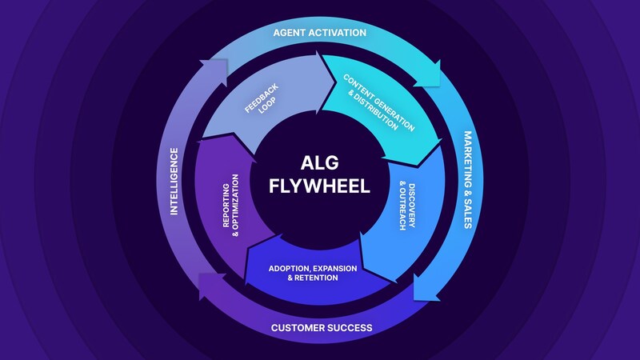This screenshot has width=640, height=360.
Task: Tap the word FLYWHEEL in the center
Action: pyautogui.click(x=319, y=186)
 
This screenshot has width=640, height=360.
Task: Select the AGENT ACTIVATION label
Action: pyautogui.click(x=319, y=33)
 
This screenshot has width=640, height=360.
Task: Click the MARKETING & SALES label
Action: pyautogui.click(x=468, y=179)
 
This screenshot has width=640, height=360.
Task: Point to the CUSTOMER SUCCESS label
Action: pyautogui.click(x=322, y=328)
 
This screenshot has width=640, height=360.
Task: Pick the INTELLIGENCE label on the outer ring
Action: pyautogui.click(x=174, y=182)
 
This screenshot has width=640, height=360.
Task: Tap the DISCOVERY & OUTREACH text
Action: pyautogui.click(x=407, y=206)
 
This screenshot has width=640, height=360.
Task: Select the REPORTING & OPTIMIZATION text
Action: pyautogui.click(x=230, y=206)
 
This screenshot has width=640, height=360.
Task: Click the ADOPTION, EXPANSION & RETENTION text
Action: pyautogui.click(x=313, y=273)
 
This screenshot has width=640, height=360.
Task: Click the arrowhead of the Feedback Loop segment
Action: pyautogui.click(x=335, y=83)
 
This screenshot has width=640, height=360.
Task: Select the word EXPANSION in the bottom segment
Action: pyautogui.click(x=335, y=269)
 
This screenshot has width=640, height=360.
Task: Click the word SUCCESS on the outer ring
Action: pyautogui.click(x=350, y=328)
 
